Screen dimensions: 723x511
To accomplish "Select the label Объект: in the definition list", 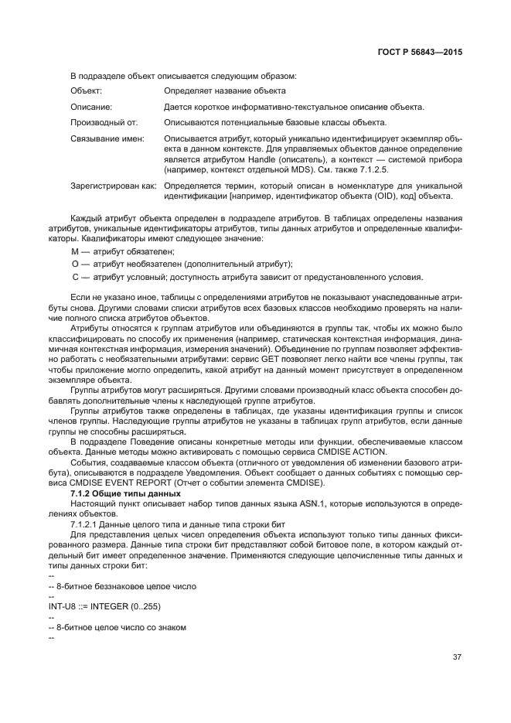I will coord(87,91).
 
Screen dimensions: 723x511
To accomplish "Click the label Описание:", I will coord(92,107).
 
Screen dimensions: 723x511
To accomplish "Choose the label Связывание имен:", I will coord(108,139).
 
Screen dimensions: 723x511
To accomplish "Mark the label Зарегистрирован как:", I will coord(114,186).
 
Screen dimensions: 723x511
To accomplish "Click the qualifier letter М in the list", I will coord(75,252).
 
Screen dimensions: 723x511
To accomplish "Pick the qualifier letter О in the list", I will coord(75,264).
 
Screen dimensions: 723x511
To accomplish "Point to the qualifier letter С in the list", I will coord(75,277).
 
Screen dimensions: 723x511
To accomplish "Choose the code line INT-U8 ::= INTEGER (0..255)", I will coord(104,605).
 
